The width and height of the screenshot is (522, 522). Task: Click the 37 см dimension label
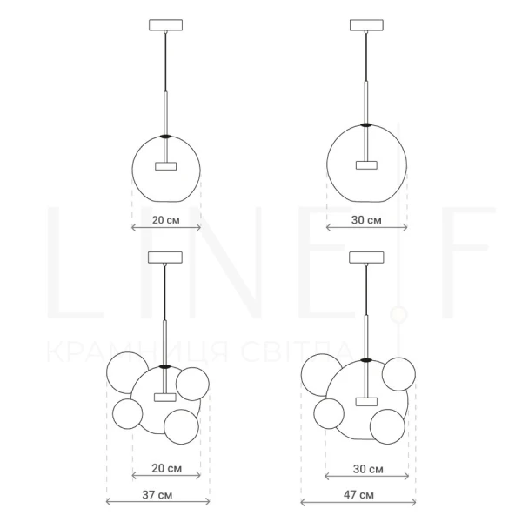tap(157, 495)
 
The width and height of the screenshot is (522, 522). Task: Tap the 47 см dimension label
tap(358, 495)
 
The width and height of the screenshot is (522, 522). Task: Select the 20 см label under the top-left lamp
tap(166, 220)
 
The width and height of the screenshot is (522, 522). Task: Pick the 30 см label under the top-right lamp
tap(366, 220)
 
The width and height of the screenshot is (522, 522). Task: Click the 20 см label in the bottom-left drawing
tap(166, 468)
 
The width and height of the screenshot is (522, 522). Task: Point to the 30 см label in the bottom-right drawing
tap(368, 469)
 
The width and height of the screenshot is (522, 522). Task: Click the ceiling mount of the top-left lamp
tap(166, 25)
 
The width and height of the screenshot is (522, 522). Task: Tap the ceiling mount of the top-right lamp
tap(366, 25)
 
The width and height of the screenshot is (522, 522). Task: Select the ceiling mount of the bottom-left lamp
tap(165, 258)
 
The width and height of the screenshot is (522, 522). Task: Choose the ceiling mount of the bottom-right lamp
tap(366, 258)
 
